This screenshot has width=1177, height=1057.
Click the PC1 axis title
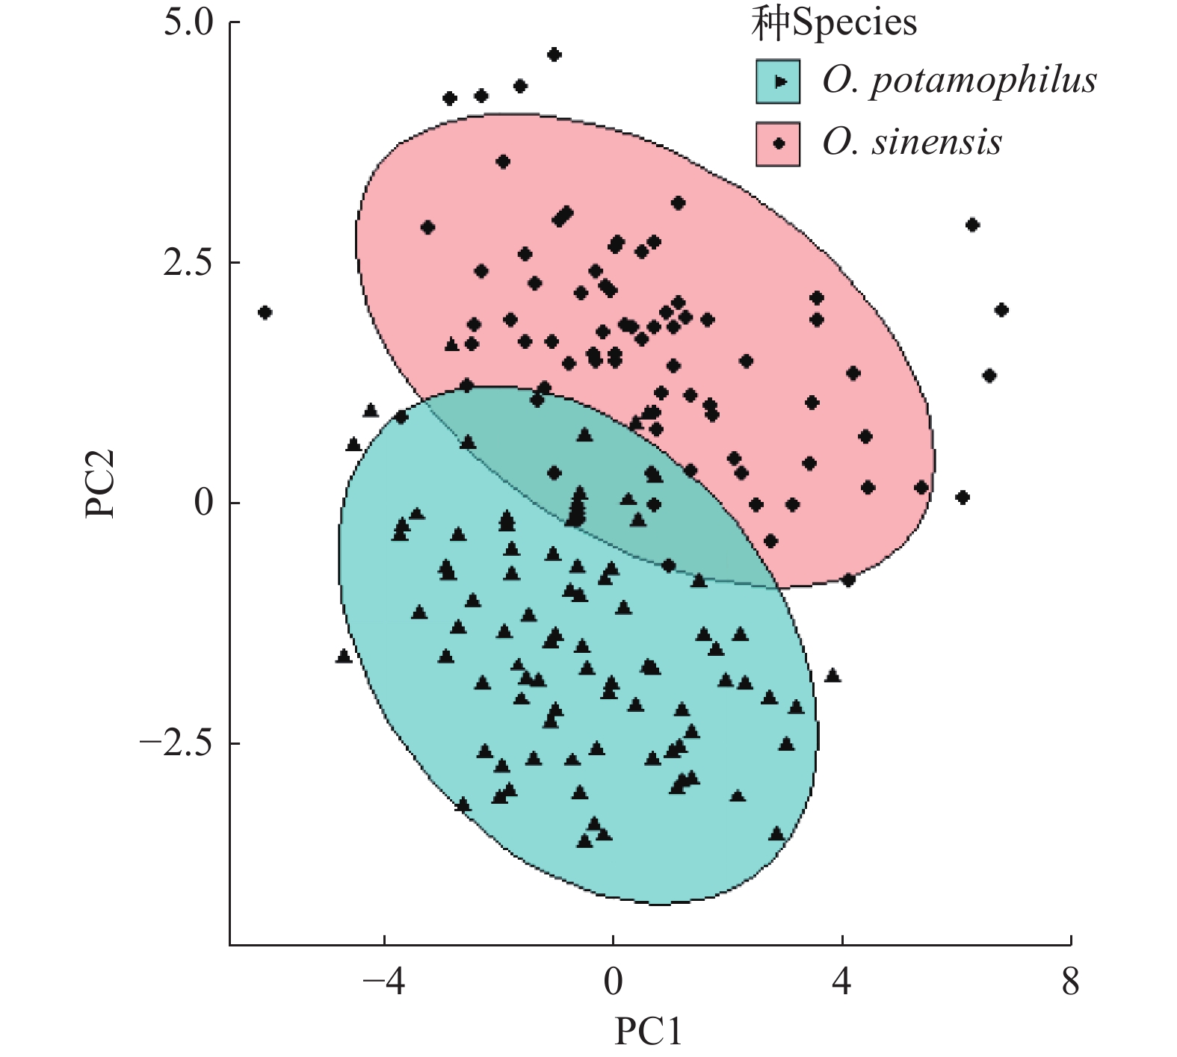pos(649,1032)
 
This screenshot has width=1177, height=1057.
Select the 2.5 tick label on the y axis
pos(188,264)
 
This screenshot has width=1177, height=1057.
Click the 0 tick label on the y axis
pos(203,503)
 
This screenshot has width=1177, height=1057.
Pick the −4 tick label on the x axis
pos(383,982)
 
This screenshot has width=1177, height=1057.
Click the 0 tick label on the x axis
pos(613,982)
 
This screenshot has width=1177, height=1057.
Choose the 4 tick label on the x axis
pos(842,982)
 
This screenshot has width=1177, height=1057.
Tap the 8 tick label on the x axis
pos(1071,982)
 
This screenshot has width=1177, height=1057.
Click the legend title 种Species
pos(834,23)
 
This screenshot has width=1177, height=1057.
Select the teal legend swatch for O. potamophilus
pos(778,81)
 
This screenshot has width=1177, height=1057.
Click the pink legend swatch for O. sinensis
pos(778,143)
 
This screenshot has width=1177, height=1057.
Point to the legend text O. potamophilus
pos(960,81)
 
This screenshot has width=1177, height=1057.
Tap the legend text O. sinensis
pos(912,143)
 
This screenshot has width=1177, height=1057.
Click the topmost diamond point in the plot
pos(554,55)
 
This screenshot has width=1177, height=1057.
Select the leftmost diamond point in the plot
pos(265,312)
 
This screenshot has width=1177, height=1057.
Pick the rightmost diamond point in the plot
pos(1001,310)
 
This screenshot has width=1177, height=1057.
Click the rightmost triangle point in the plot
pos(832,676)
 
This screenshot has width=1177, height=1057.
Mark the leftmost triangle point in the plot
pos(344,656)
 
